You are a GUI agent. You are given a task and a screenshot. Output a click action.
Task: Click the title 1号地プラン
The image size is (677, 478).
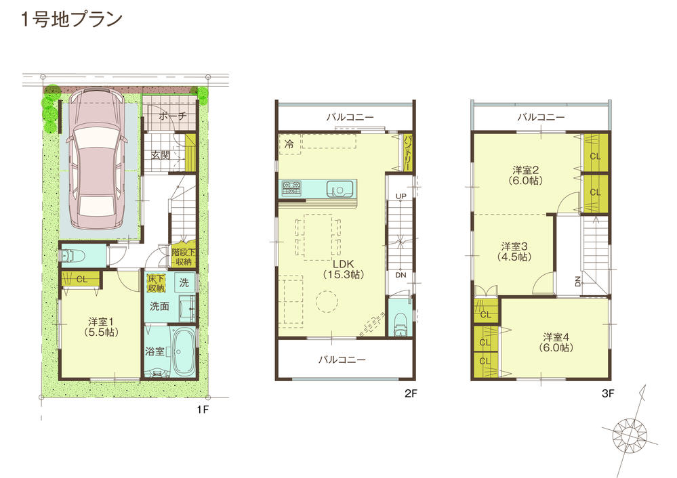point(71,19)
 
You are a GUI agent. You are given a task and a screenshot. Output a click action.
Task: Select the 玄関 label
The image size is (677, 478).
point(160,155)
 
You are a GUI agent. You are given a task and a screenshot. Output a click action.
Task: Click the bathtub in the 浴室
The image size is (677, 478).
point(182,352)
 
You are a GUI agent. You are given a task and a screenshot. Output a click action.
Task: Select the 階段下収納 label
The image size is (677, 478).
point(183,257)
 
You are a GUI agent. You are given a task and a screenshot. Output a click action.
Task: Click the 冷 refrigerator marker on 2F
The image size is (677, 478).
point(289,144)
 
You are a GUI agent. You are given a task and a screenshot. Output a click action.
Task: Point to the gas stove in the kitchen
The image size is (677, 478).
point(292,188)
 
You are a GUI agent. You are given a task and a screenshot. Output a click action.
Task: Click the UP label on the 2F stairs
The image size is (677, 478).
point(401,196)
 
